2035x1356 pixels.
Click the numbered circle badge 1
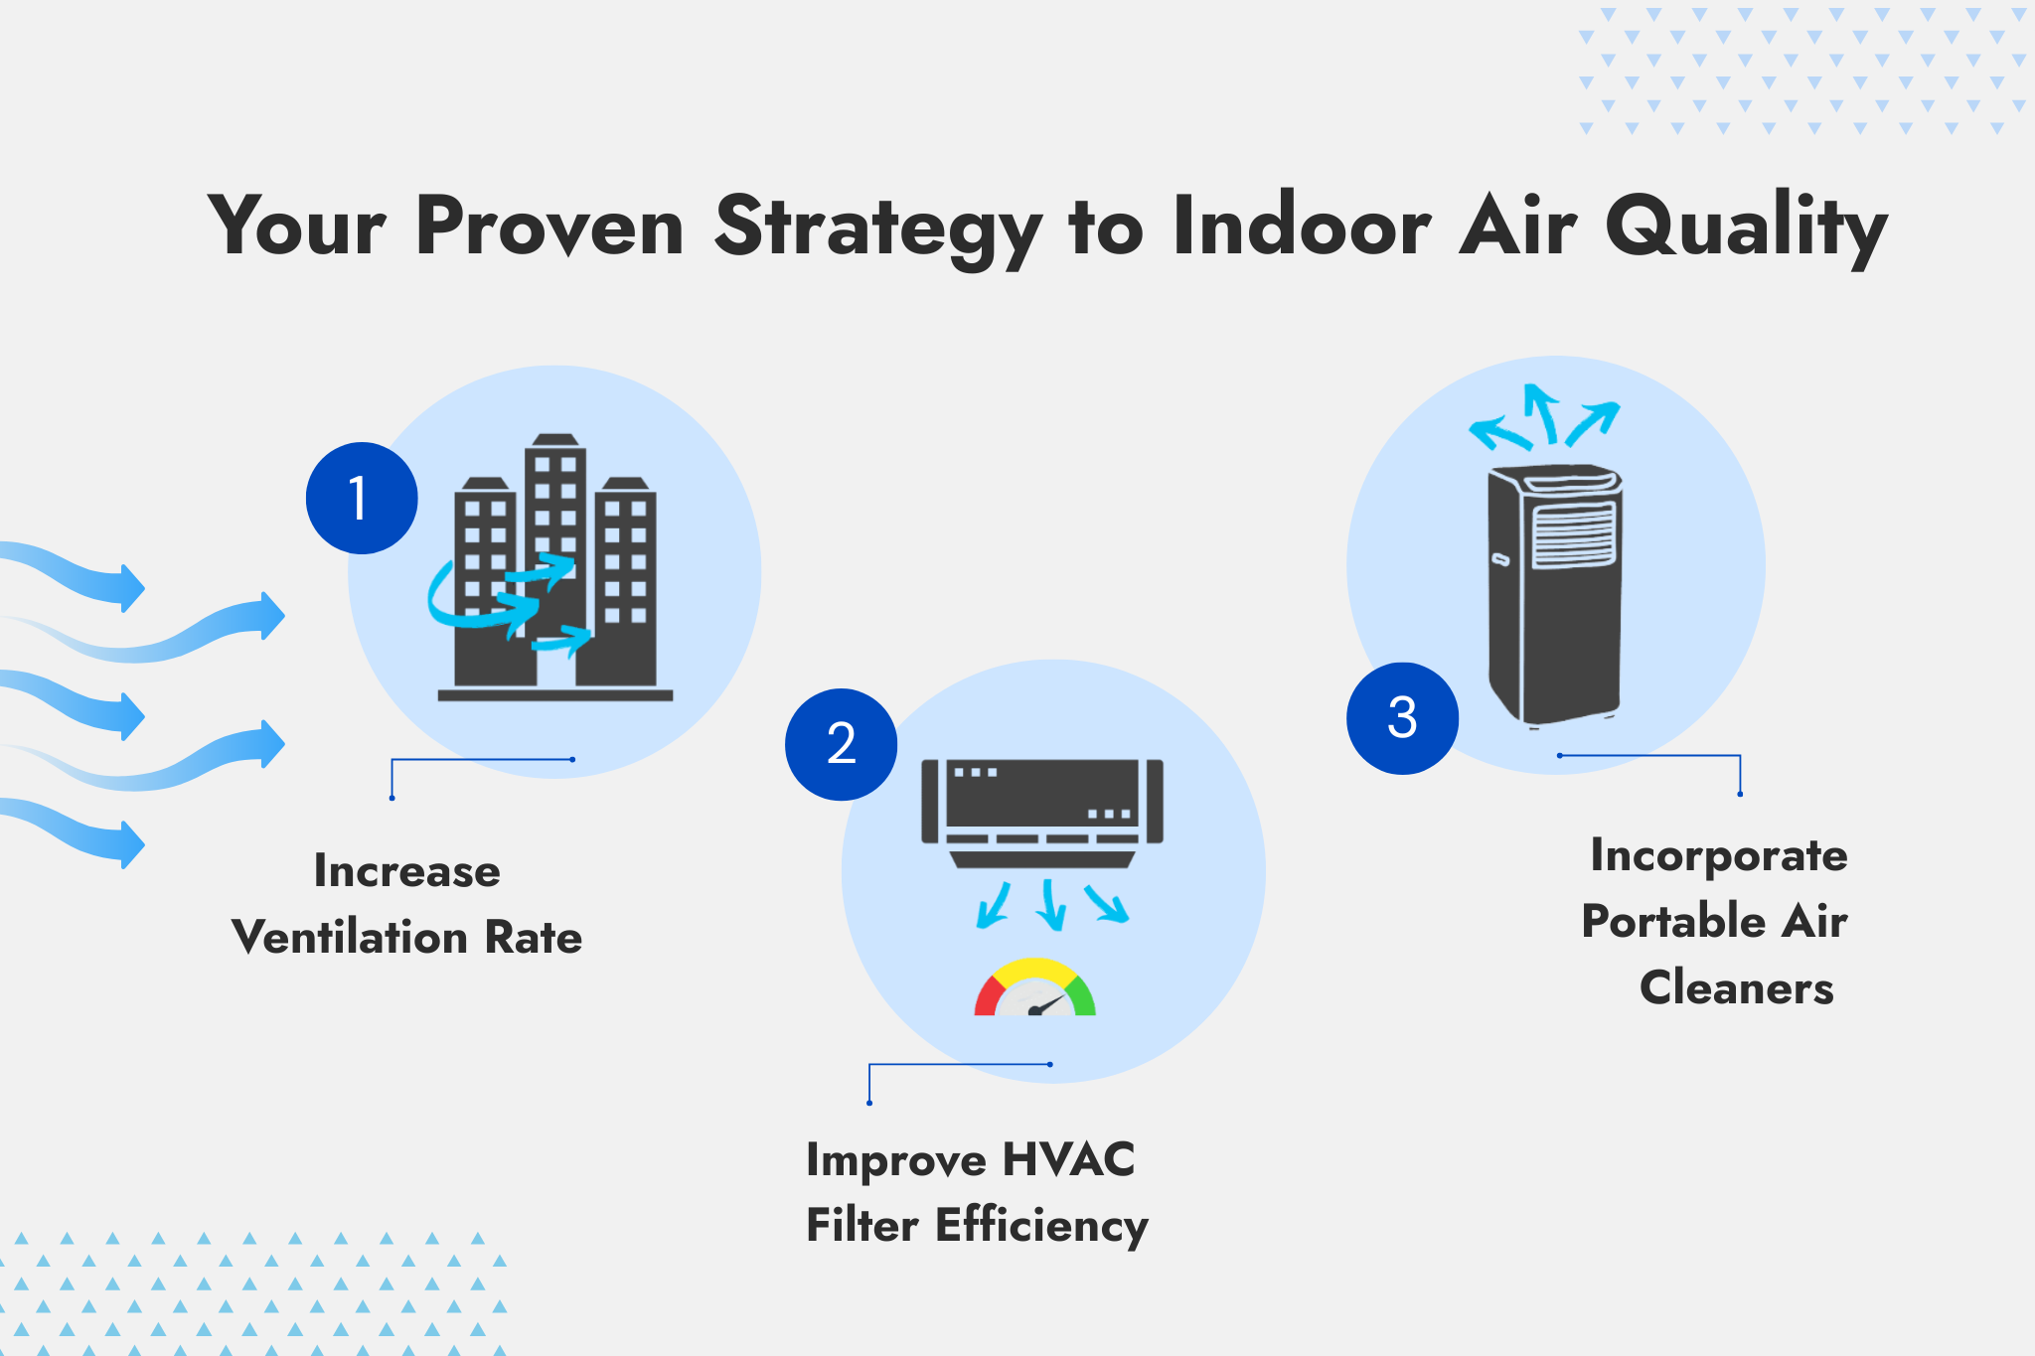coord(362,498)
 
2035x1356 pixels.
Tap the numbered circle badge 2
coord(841,744)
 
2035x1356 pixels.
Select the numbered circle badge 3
coord(1402,718)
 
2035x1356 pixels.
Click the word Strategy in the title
coord(878,228)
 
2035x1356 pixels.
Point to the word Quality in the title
coord(1746,228)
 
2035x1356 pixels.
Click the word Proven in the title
coord(550,227)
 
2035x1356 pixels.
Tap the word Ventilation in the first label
coord(349,937)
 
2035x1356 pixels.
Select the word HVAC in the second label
coord(1068,1159)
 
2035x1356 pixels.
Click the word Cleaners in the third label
coord(1737,987)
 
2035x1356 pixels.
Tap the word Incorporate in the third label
coord(1719,856)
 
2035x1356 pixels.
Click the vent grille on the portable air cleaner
coord(1573,534)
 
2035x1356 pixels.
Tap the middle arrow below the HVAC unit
coord(1051,904)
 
